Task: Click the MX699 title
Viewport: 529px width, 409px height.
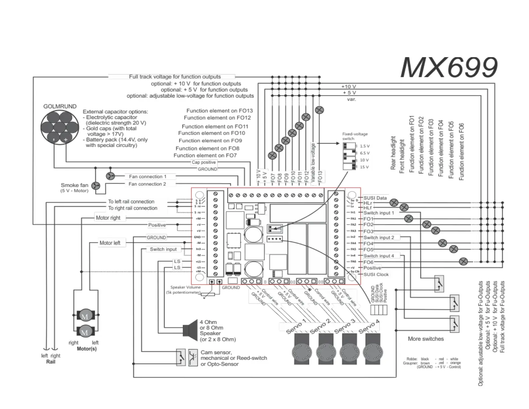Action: (449, 67)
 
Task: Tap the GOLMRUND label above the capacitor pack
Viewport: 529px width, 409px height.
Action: (60, 106)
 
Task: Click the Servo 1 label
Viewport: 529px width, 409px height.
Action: (296, 326)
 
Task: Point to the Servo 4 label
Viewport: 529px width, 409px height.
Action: (369, 326)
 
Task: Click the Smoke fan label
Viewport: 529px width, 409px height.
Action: (74, 185)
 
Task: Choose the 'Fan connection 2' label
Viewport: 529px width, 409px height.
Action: (147, 184)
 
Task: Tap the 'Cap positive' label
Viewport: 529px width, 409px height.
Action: (204, 162)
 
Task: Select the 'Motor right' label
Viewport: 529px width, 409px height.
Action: (108, 218)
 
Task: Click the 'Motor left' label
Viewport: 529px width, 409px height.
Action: (110, 243)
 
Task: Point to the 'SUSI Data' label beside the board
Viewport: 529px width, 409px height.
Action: (375, 198)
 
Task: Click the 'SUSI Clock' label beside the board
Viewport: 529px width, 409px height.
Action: (376, 274)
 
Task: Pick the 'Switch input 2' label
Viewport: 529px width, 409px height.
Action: (379, 238)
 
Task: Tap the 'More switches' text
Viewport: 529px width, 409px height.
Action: (425, 339)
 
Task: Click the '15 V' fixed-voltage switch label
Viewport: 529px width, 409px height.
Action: (364, 167)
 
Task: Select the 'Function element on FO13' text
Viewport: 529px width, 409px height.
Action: (219, 111)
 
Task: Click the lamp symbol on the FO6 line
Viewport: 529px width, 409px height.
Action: (463, 262)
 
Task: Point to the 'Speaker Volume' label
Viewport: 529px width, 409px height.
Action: (185, 287)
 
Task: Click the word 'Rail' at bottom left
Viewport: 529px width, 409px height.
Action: (51, 362)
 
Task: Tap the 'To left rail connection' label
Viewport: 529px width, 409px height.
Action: (131, 201)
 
